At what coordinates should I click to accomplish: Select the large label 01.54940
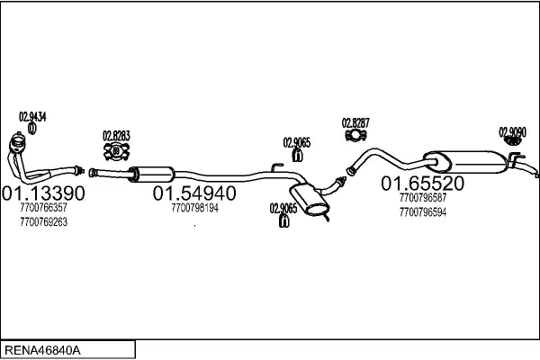(194, 193)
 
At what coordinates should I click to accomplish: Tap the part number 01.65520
(423, 184)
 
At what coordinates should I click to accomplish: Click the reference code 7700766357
(44, 208)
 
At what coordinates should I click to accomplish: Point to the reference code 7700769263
(44, 222)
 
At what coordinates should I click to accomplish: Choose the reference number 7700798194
(195, 208)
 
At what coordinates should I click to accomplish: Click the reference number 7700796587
(423, 198)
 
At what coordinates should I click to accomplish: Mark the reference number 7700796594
(423, 212)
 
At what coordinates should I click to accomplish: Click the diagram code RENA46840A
(42, 350)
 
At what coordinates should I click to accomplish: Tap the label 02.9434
(32, 117)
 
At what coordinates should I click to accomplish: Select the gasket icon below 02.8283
(116, 151)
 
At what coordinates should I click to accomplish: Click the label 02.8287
(355, 123)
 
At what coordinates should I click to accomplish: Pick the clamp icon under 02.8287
(355, 135)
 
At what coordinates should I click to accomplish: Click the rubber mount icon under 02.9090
(512, 141)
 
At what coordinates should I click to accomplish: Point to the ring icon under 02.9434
(32, 129)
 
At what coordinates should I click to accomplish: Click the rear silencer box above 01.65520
(465, 162)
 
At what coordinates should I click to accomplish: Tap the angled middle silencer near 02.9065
(310, 201)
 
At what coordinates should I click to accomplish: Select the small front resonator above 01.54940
(151, 175)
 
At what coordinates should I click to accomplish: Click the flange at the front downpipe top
(17, 142)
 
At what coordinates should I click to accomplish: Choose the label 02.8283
(116, 136)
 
